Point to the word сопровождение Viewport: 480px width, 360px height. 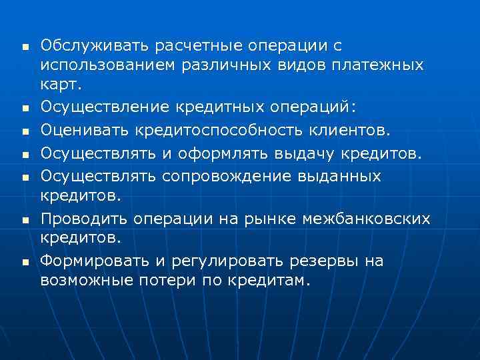226,176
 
